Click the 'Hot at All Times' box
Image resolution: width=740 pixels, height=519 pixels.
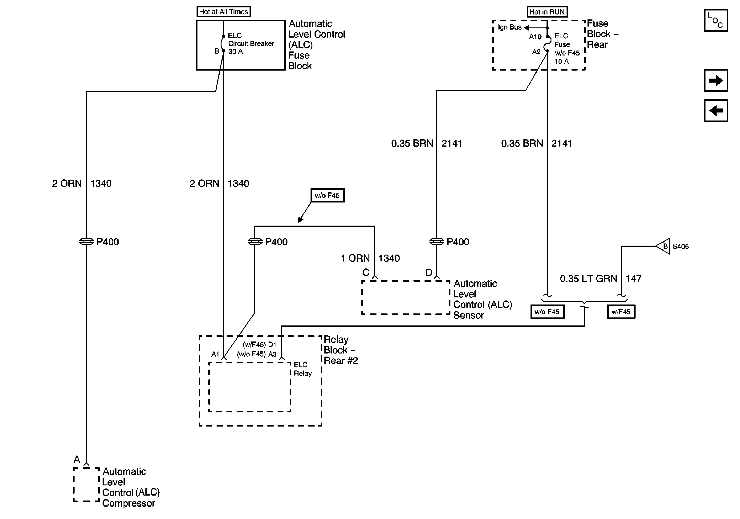[x=224, y=12]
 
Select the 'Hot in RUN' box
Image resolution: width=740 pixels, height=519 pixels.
[x=547, y=12]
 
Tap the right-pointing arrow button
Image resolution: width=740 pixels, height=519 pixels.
[x=716, y=80]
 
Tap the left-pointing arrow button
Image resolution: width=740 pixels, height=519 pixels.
[x=716, y=111]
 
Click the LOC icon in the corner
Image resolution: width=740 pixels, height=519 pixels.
[x=716, y=20]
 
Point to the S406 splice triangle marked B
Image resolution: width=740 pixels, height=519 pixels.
[x=663, y=246]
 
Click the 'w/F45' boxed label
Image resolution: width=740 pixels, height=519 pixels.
[x=621, y=312]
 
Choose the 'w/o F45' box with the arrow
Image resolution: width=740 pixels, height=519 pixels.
[x=327, y=195]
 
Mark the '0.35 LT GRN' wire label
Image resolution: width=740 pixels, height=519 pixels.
[x=588, y=279]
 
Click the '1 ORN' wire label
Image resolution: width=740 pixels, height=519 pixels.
[x=355, y=258]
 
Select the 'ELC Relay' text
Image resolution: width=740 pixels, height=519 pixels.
[x=303, y=369]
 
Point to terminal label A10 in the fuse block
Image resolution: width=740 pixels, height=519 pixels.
[x=535, y=37]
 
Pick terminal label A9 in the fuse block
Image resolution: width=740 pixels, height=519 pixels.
[x=536, y=51]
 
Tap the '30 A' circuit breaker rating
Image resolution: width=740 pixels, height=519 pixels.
[x=235, y=51]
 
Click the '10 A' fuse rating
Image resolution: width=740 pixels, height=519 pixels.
[x=561, y=62]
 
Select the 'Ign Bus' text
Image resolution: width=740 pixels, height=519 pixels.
[x=510, y=27]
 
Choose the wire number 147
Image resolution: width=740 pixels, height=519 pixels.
[x=633, y=279]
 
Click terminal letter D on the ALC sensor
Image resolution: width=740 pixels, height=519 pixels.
[x=429, y=273]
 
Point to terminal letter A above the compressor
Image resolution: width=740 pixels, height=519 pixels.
[x=77, y=459]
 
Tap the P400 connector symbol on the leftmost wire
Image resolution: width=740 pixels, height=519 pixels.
[x=86, y=241]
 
